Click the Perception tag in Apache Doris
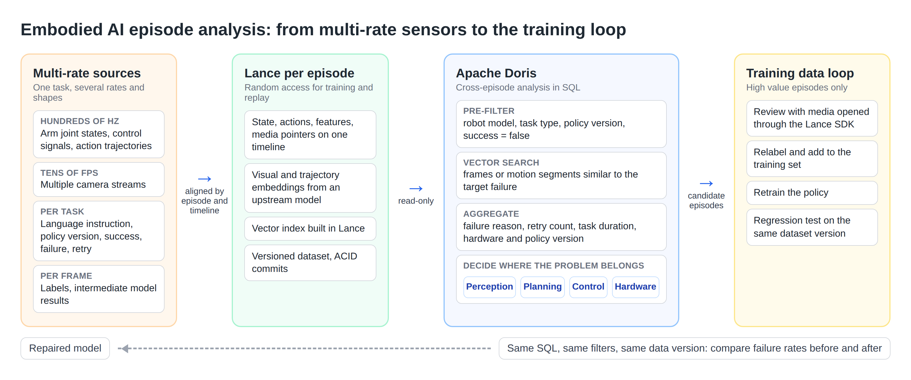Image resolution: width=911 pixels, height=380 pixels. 489,287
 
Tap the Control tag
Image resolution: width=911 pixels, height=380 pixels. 588,287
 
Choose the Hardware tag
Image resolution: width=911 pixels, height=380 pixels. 635,287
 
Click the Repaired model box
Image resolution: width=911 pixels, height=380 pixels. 65,348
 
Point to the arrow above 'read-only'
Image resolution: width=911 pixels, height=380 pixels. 416,188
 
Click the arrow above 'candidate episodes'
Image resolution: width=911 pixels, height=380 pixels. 706,183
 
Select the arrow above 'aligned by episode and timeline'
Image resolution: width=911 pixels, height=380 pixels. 204,179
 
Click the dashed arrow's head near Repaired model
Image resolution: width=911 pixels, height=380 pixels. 123,348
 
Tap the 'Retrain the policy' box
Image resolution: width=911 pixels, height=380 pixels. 812,193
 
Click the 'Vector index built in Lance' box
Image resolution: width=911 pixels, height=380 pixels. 310,228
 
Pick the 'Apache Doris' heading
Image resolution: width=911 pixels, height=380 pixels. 496,73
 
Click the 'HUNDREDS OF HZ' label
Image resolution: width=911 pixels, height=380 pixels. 80,121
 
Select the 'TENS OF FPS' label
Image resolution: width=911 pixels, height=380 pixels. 69,173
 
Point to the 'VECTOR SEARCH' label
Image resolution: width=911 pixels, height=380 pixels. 501,163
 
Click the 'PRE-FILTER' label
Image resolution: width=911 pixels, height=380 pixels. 489,111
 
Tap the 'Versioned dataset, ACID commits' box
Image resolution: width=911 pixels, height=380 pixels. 310,263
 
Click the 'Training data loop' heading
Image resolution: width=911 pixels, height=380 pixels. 800,73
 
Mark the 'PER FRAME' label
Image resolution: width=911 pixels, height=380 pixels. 66,276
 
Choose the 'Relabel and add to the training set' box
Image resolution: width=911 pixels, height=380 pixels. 812,158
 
